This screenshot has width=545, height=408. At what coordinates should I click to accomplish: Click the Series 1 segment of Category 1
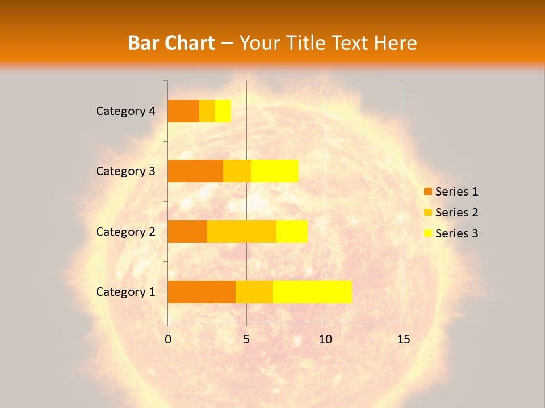click(202, 291)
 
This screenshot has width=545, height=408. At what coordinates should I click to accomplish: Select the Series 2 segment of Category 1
click(254, 291)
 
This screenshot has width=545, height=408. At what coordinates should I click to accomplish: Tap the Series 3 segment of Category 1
click(312, 291)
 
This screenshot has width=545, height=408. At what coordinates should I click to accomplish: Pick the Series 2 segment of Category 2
click(242, 231)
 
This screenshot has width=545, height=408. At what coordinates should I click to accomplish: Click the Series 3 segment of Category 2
click(292, 231)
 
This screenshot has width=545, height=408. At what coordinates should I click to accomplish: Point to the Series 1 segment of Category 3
click(195, 171)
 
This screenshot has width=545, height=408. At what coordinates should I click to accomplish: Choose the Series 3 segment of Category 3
click(275, 171)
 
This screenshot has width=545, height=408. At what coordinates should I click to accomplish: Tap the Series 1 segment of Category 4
click(183, 111)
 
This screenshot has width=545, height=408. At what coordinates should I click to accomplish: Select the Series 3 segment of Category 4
click(223, 111)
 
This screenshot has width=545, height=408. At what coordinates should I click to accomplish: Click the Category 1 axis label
click(125, 292)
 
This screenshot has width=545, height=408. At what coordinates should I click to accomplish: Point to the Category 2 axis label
click(125, 232)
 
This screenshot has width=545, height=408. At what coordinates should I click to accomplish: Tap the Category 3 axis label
click(125, 171)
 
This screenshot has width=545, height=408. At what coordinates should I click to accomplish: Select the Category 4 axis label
click(125, 111)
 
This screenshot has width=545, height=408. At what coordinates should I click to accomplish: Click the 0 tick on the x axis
click(168, 339)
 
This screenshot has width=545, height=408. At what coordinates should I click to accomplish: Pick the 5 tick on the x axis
click(246, 339)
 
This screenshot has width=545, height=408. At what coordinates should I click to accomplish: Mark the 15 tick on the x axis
click(403, 339)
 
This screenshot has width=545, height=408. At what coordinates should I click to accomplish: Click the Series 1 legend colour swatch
click(427, 192)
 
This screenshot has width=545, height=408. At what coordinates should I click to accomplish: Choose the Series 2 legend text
click(456, 212)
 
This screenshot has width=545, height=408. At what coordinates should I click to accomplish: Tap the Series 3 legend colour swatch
click(427, 233)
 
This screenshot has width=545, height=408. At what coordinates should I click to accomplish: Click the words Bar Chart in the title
click(171, 43)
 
